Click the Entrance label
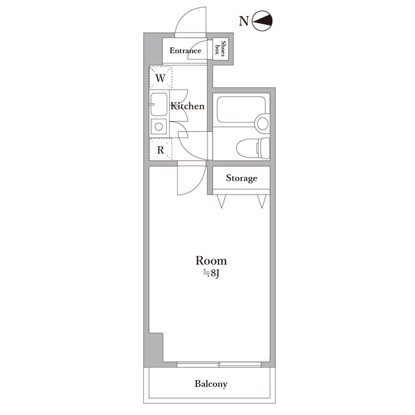click(x=185, y=51)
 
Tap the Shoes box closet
click(x=220, y=49)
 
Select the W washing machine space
click(x=161, y=78)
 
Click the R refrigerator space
click(x=161, y=150)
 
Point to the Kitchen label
click(x=187, y=106)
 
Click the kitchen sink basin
click(x=159, y=104)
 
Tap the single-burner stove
click(x=159, y=126)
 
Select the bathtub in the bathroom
click(x=241, y=110)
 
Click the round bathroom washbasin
click(x=263, y=123)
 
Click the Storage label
click(x=241, y=178)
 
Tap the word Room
click(x=211, y=261)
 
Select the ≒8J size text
click(x=211, y=274)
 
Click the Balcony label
click(x=211, y=384)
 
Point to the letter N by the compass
click(x=244, y=21)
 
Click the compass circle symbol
click(x=262, y=21)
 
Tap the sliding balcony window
click(x=219, y=364)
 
